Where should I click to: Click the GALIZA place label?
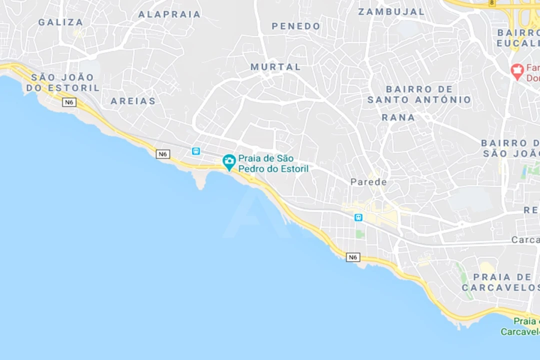click(x=61, y=22)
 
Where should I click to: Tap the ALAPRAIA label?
click(x=169, y=14)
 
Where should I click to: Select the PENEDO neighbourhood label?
click(x=296, y=26)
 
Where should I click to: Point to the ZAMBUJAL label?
click(x=391, y=11)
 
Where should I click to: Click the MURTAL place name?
click(x=276, y=66)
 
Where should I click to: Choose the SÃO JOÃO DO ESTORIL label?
click(x=63, y=82)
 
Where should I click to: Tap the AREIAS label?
click(x=133, y=101)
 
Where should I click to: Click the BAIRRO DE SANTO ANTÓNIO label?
click(x=419, y=94)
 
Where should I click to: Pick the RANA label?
click(x=398, y=117)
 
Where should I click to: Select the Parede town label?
click(x=368, y=182)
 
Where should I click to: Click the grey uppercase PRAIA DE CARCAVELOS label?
click(x=500, y=282)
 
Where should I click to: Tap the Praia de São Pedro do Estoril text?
click(x=273, y=163)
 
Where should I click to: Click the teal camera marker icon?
click(x=229, y=161)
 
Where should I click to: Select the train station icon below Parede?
click(x=358, y=217)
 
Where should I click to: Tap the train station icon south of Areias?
click(x=196, y=151)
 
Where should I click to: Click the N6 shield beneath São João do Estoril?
click(x=69, y=102)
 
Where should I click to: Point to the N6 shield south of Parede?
click(x=353, y=257)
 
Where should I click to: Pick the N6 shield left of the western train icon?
click(x=163, y=154)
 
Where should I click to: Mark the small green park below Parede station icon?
click(x=360, y=233)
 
